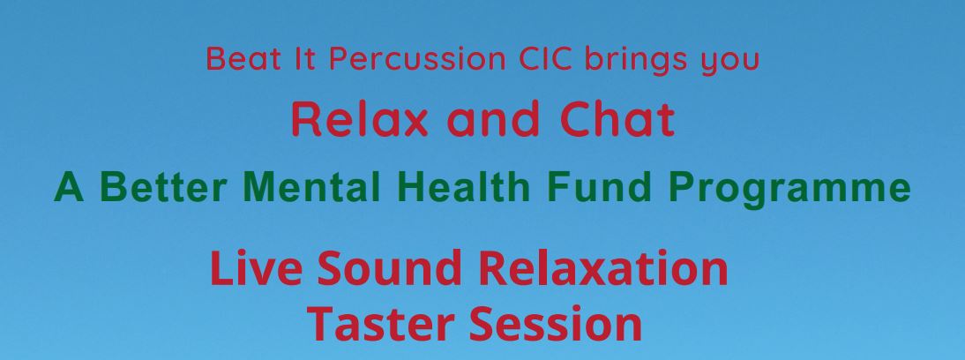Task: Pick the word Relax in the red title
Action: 359,119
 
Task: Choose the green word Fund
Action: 599,186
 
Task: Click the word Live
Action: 256,267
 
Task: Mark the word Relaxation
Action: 602,267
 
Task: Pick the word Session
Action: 556,324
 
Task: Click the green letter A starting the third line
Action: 68,186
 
